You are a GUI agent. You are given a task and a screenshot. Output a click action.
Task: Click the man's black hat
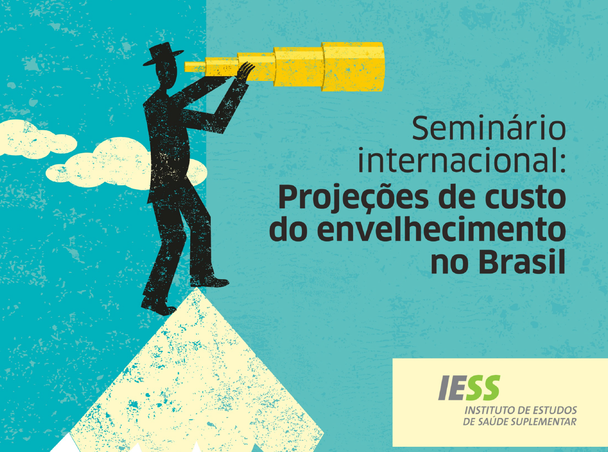click(x=163, y=54)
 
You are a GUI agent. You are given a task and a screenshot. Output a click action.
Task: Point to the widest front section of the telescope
click(x=353, y=66)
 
